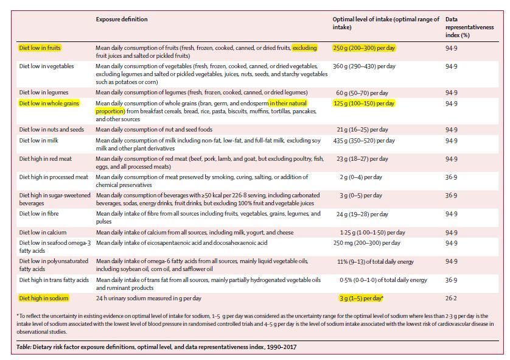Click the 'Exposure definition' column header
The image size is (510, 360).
pos(122,19)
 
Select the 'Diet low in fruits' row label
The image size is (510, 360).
pos(40,47)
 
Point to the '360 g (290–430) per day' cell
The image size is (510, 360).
pos(364,66)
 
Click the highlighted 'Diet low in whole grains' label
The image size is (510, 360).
pos(49,104)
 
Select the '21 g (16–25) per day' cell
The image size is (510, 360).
pos(368,130)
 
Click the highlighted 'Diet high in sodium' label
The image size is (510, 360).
pos(43,298)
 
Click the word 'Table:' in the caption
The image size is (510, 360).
pos(25,347)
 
